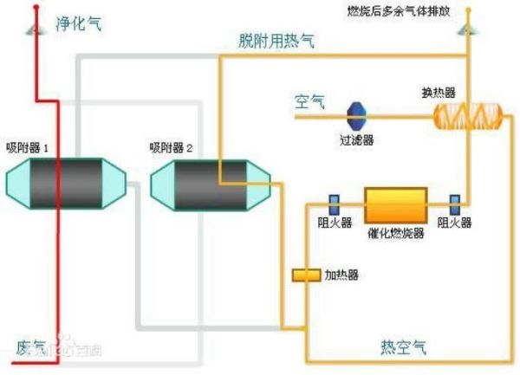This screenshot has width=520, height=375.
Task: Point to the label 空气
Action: pos(308,103)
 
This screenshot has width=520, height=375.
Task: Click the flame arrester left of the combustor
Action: pos(334,204)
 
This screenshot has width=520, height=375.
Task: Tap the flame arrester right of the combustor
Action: pos(454,204)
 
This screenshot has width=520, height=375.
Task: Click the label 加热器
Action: pos(341,275)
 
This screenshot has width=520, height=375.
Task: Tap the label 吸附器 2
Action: pos(171,147)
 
